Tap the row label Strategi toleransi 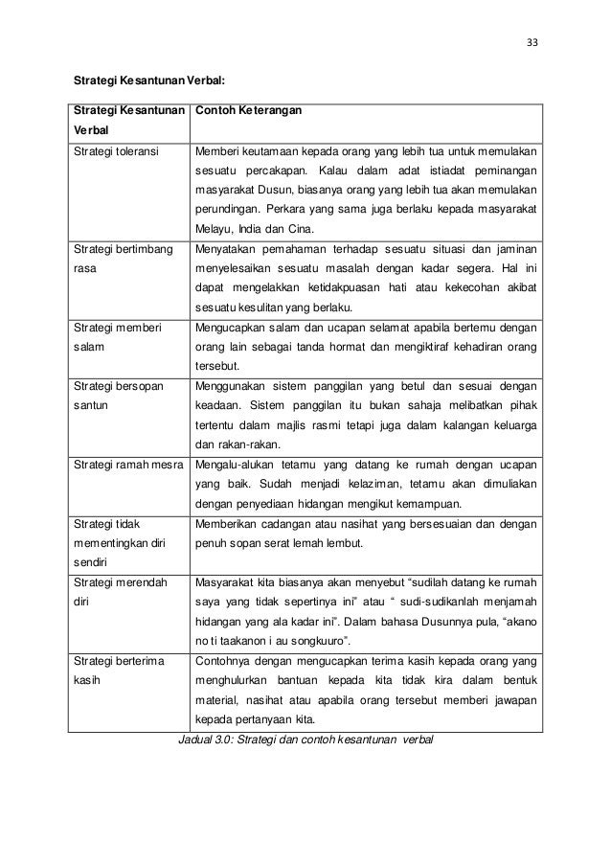(x=116, y=151)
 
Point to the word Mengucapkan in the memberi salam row (x=234, y=328)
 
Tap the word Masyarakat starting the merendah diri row (x=231, y=582)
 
